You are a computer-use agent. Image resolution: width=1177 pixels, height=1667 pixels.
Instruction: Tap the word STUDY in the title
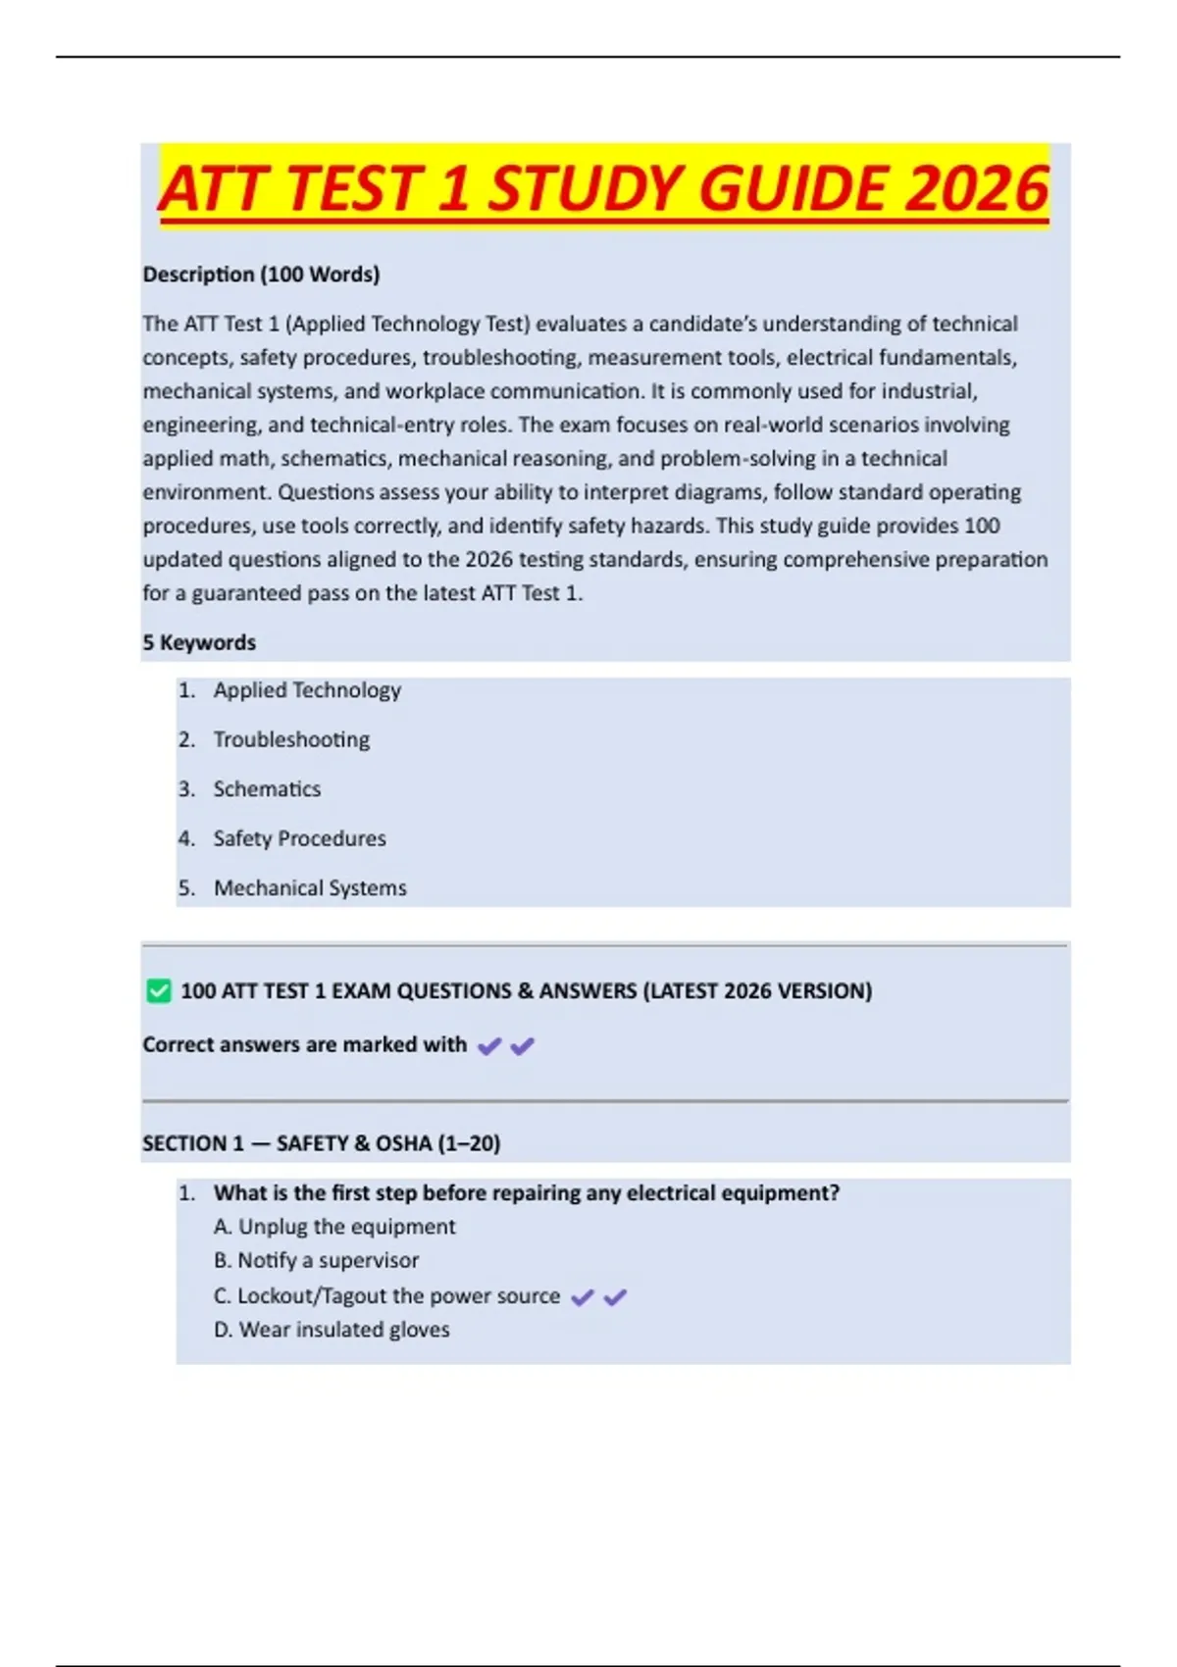(x=588, y=188)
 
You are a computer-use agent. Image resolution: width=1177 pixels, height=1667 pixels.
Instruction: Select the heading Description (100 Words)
(x=261, y=275)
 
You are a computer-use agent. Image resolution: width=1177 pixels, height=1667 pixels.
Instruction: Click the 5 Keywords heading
(x=199, y=643)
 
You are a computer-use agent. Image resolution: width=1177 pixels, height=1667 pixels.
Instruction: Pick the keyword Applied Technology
(x=307, y=690)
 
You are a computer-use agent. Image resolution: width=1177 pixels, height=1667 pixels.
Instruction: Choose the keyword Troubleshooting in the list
(x=291, y=739)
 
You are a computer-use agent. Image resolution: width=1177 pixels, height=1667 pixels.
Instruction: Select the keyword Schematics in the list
(x=267, y=789)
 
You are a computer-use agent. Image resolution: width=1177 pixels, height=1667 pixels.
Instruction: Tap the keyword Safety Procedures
(x=299, y=838)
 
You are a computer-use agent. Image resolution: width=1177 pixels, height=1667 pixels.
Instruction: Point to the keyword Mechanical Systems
(x=310, y=888)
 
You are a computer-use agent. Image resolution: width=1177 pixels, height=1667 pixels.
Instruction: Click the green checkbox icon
(x=158, y=991)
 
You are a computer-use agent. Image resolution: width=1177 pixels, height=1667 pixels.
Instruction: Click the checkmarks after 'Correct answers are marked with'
(x=505, y=1046)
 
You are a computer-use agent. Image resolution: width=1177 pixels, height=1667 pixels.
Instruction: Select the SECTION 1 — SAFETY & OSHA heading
(x=321, y=1143)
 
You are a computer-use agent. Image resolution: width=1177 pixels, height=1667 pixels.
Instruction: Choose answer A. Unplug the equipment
(x=334, y=1227)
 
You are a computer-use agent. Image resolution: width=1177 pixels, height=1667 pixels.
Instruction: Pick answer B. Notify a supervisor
(x=316, y=1261)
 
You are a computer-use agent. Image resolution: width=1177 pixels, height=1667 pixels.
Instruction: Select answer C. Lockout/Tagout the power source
(x=386, y=1296)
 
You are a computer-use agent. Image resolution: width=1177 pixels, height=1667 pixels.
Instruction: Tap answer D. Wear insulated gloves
(x=332, y=1330)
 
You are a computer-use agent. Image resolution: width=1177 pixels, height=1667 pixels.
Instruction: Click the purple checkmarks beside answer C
(x=598, y=1297)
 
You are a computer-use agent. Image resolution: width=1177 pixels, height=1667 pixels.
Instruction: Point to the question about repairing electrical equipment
(x=526, y=1193)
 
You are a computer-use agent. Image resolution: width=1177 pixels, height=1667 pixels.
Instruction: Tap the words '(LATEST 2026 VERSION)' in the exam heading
(x=757, y=991)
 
